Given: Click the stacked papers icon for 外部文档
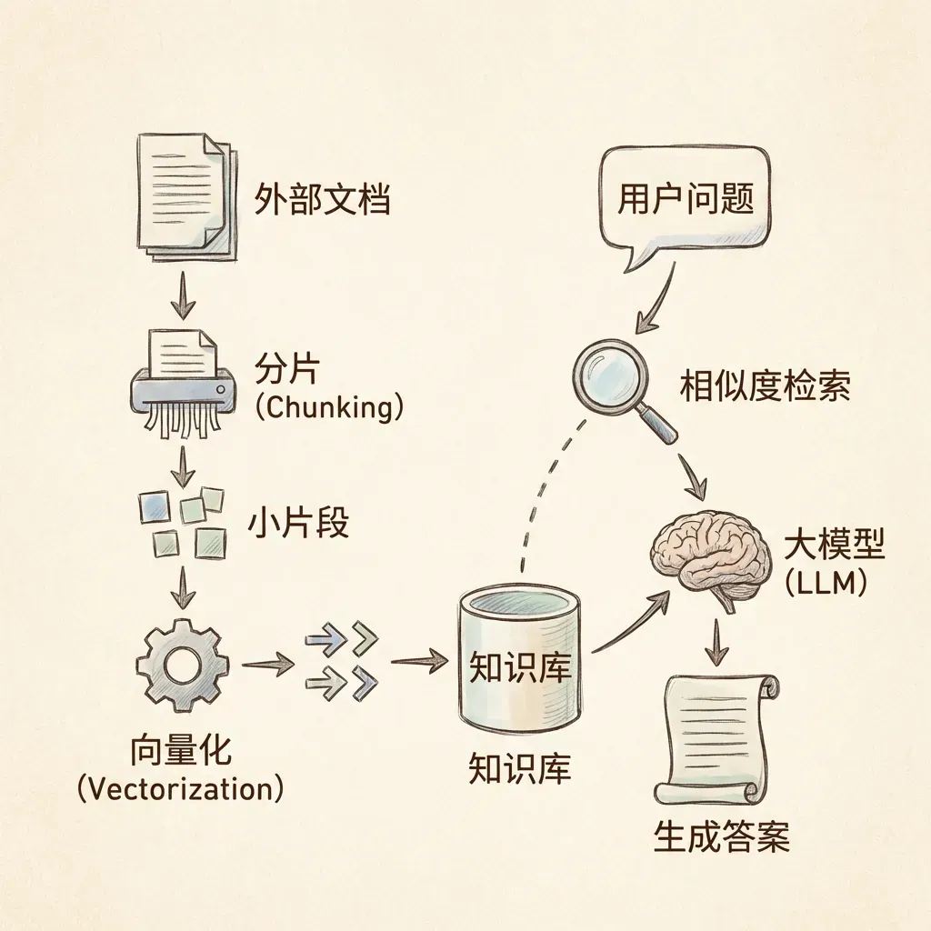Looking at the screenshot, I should (185, 195).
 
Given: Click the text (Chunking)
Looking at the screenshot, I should (327, 406).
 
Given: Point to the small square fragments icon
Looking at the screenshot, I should (182, 523).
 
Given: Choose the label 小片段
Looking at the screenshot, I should (298, 525).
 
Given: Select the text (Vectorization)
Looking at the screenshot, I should (180, 788).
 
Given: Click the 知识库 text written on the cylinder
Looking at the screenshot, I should (519, 667).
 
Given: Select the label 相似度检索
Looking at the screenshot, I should (765, 387).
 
